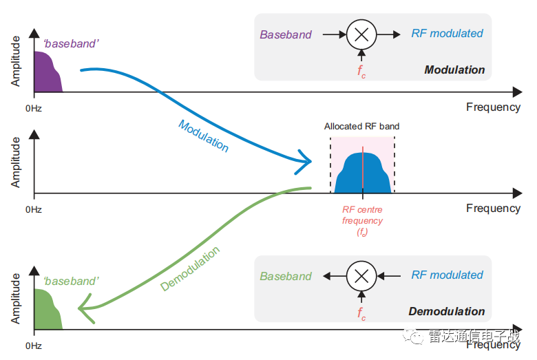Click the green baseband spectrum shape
[x=45, y=310]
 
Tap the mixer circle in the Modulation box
[x=361, y=34]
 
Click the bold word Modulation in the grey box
[x=454, y=70]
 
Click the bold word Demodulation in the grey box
[x=447, y=312]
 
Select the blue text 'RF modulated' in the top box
[x=447, y=33]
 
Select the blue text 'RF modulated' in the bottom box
[x=447, y=275]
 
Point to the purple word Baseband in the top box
[x=286, y=34]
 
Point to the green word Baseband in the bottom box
[x=286, y=277]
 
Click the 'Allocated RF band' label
[x=361, y=127]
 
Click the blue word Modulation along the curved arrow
[x=203, y=136]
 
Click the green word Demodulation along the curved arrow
[x=191, y=269]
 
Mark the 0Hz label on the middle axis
[x=34, y=209]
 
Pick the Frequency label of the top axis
[x=493, y=107]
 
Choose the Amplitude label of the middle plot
[x=16, y=162]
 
